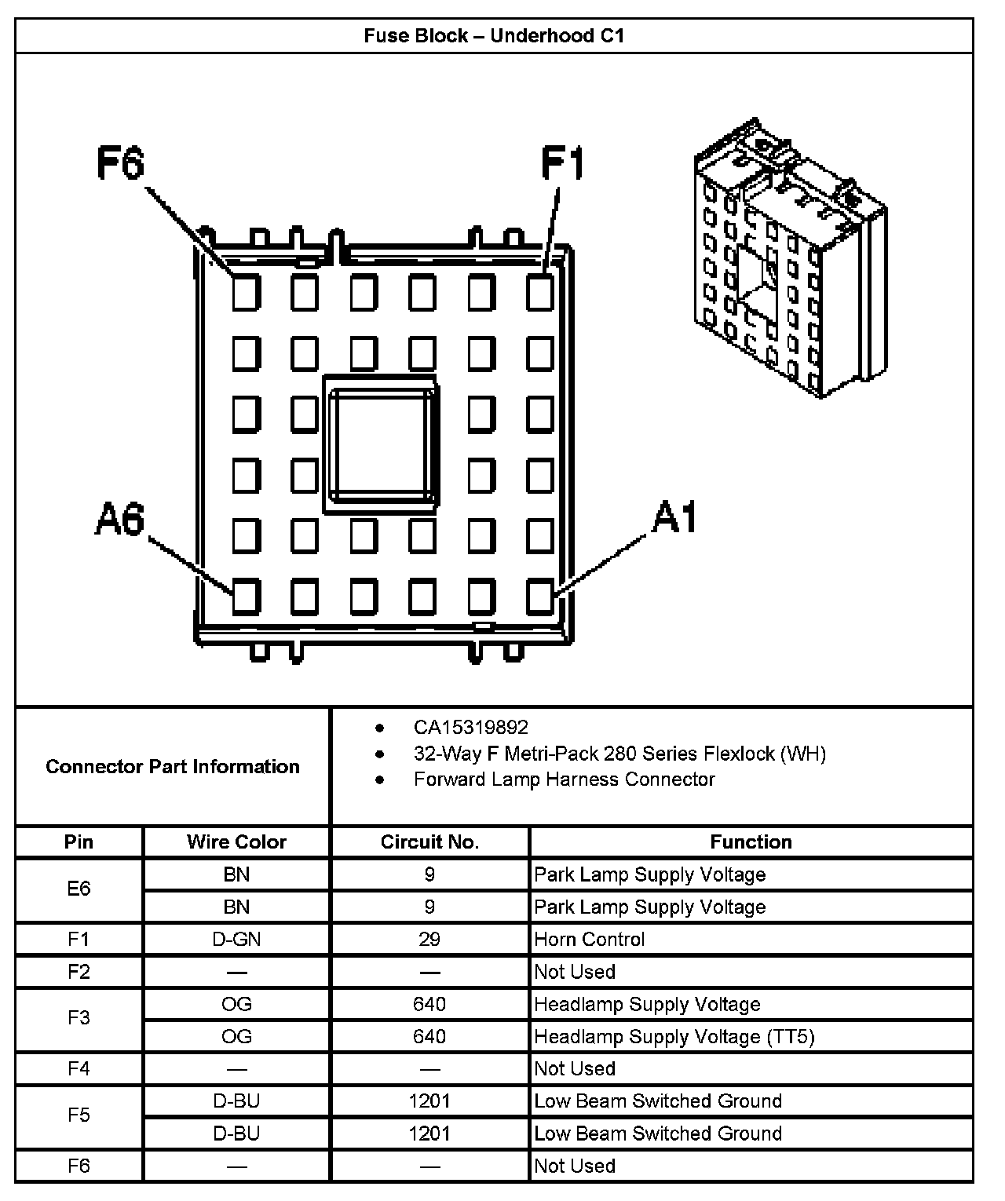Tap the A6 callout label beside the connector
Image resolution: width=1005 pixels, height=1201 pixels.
[120, 520]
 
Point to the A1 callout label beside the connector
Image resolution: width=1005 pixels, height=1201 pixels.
[674, 518]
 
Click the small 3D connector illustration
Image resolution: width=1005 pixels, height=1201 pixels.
[789, 259]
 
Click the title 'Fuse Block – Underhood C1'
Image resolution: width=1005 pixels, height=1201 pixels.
[494, 36]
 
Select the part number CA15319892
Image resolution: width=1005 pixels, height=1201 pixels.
[471, 728]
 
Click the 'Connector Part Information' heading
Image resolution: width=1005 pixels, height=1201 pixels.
[173, 767]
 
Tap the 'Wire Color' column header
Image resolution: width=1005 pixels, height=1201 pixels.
[236, 842]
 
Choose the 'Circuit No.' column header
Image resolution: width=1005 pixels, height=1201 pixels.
[429, 842]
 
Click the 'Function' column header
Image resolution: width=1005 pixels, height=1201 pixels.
[751, 842]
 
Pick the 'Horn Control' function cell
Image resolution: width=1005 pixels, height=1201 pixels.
[589, 940]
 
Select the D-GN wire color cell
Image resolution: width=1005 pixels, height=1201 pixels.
[236, 940]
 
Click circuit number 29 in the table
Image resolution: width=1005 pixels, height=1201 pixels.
[429, 940]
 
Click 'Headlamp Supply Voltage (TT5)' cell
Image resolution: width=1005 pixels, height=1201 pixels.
[674, 1037]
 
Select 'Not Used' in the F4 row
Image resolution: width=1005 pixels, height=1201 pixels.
[575, 1069]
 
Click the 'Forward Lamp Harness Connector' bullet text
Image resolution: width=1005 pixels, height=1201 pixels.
[564, 779]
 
